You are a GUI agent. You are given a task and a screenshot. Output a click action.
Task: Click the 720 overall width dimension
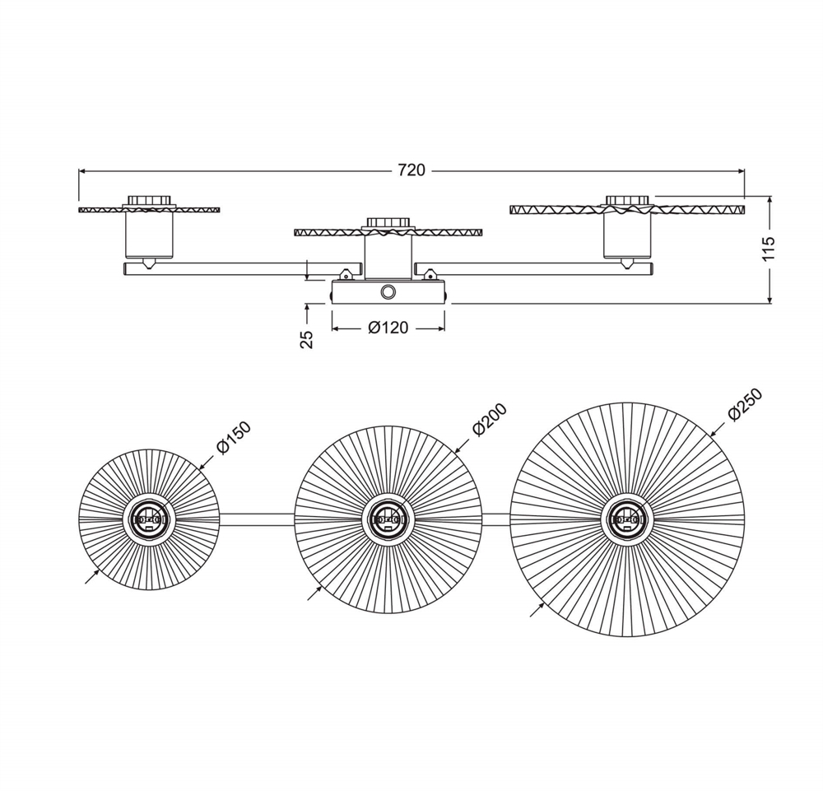tap(411, 170)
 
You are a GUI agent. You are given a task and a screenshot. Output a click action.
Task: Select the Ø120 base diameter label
tap(388, 328)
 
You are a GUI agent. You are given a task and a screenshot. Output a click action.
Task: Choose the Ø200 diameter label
tap(490, 420)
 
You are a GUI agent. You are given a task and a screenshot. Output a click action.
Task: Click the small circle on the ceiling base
tap(388, 292)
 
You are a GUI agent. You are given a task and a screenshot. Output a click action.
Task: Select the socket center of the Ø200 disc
tap(388, 520)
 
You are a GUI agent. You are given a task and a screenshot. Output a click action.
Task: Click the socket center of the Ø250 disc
tap(626, 520)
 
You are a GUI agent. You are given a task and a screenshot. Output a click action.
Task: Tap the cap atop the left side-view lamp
tap(148, 200)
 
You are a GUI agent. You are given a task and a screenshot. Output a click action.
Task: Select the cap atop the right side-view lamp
tap(626, 200)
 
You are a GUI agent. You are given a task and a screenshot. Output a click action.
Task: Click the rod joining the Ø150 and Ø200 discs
tap(257, 519)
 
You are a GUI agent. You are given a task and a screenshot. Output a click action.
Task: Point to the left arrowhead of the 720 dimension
tap(82, 170)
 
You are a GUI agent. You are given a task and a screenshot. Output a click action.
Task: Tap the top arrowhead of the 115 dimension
tap(770, 200)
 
